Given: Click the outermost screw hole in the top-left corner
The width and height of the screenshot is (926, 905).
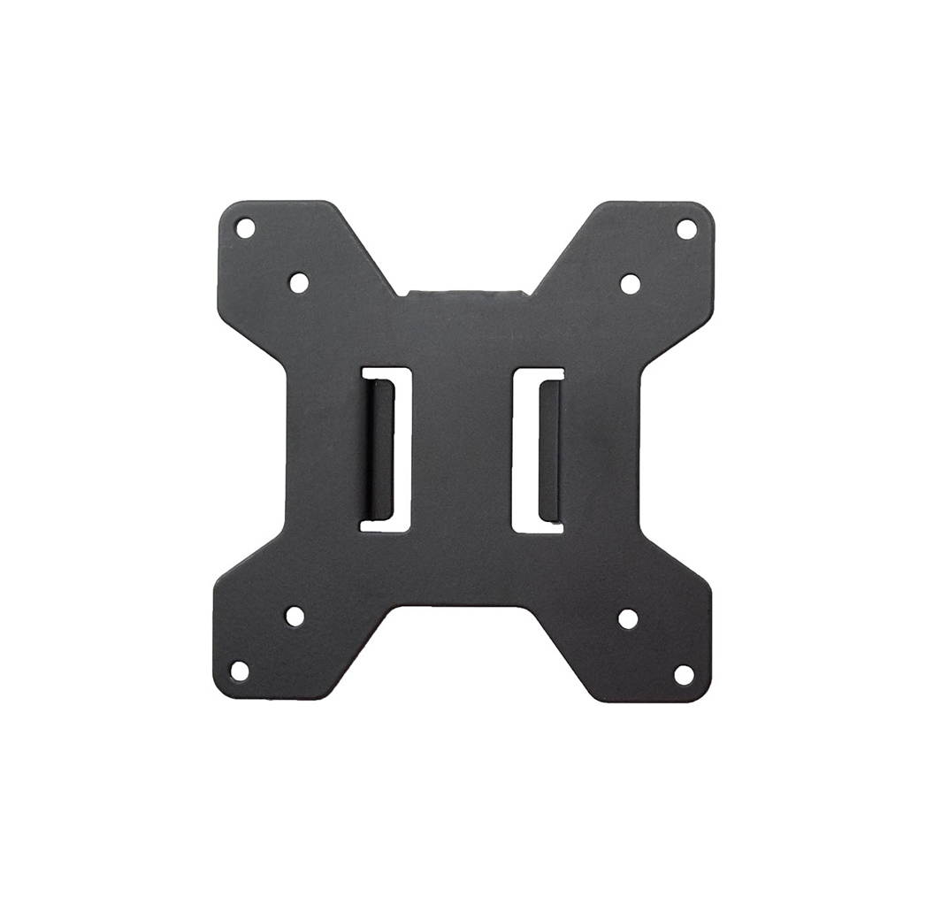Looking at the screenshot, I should click(245, 228).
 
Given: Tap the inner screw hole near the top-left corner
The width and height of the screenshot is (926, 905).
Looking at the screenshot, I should click(299, 282).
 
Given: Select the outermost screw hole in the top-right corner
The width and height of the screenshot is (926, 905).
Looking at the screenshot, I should click(686, 229).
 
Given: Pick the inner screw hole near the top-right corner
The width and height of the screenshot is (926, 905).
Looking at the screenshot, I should click(630, 284).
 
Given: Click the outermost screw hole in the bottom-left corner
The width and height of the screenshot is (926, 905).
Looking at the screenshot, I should click(240, 670).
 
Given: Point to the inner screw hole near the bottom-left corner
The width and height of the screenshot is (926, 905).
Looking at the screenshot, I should click(295, 616).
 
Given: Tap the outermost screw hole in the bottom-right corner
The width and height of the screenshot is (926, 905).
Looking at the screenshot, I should click(684, 674).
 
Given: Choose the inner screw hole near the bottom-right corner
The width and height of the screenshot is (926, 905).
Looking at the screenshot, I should click(628, 618).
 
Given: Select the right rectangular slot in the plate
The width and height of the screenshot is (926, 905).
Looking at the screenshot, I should click(538, 450).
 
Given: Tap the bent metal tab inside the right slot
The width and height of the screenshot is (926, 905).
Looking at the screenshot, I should click(549, 450).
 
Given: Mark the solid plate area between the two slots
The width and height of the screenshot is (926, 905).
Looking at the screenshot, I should click(462, 449).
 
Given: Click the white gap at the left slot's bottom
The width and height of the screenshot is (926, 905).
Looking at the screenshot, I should click(385, 524).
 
